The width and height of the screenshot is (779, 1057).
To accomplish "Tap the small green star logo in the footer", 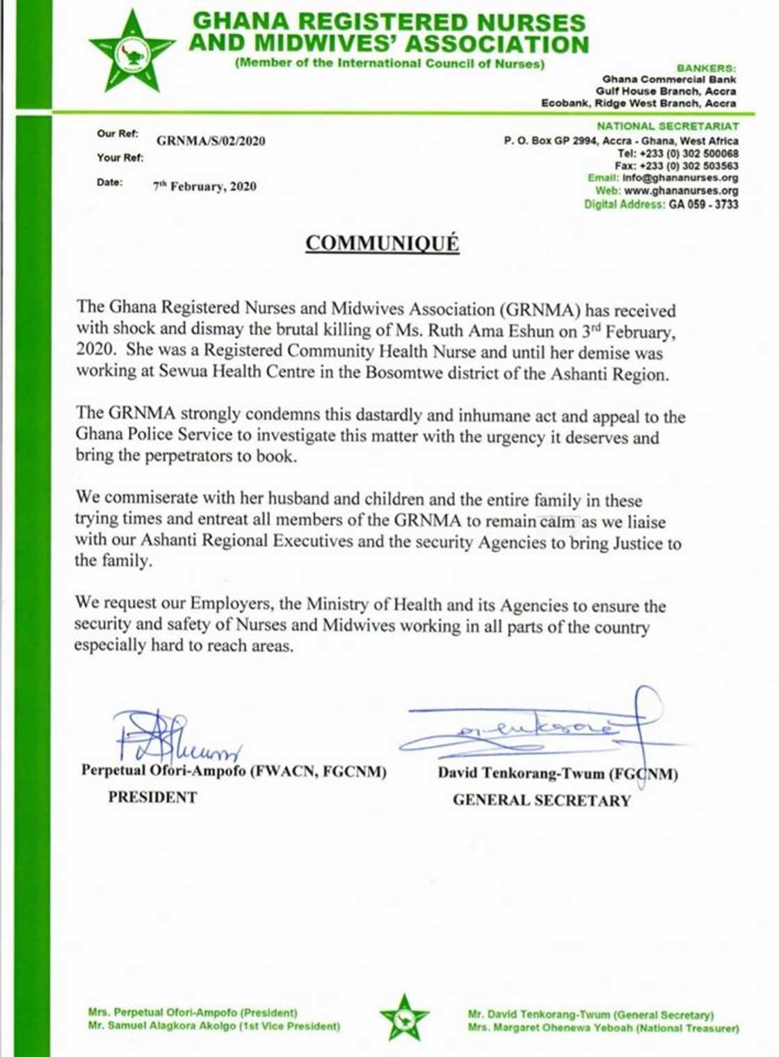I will coord(403,1017).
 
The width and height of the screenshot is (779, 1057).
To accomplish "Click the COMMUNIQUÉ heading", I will coord(383,244).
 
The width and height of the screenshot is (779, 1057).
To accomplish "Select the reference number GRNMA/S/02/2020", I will coord(211,141).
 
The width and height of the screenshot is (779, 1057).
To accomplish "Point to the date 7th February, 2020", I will coord(204,186).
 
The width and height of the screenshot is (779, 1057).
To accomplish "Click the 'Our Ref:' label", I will coord(118,134).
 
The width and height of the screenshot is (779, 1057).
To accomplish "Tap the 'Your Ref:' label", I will coord(120,158).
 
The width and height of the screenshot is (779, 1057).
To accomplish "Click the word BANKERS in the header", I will coord(706,68).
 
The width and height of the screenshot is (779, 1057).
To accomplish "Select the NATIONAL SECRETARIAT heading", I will coord(668,126).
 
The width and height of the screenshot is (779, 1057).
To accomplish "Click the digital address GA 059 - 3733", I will coord(703,205).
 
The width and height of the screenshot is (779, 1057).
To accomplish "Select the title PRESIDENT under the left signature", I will coord(152,797).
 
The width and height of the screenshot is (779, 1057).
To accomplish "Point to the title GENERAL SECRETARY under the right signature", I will coord(541,801).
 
